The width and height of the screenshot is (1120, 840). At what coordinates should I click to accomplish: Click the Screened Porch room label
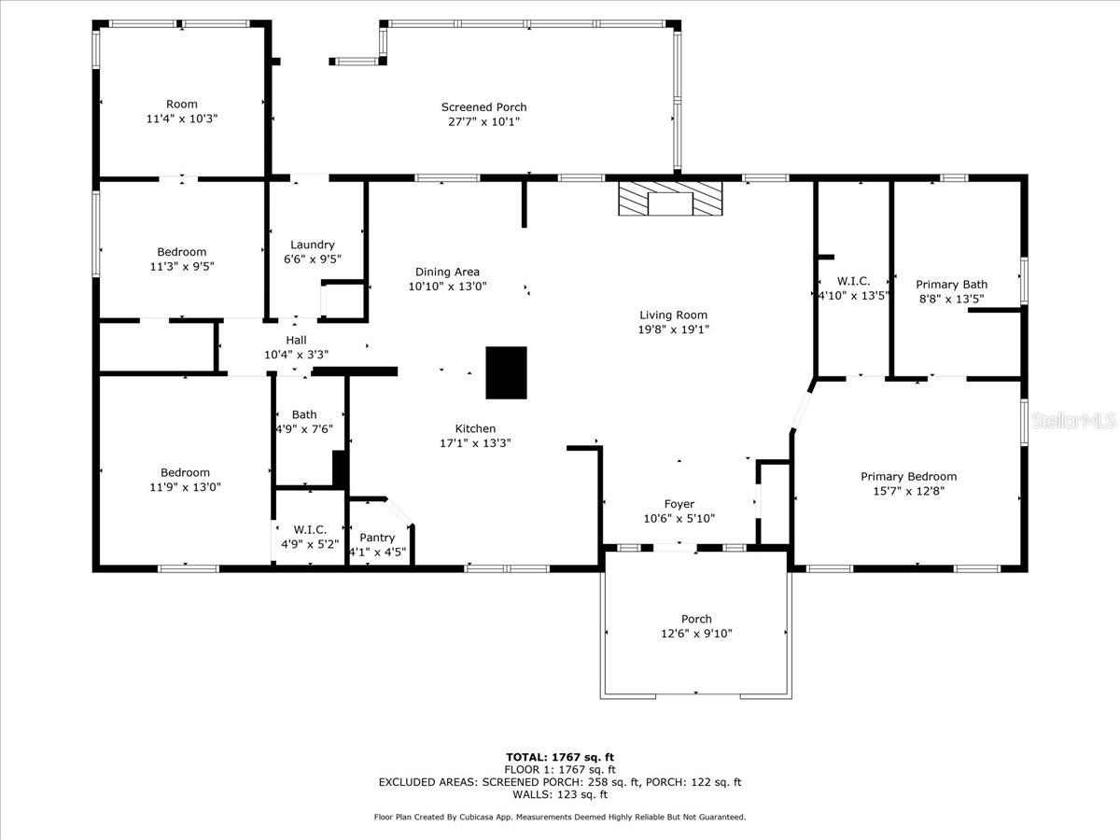point(483,107)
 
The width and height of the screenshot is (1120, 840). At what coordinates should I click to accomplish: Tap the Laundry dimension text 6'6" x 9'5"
point(313,259)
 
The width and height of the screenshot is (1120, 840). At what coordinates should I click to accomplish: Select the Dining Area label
point(447,272)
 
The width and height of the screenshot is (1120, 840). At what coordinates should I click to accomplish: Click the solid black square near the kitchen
point(506,372)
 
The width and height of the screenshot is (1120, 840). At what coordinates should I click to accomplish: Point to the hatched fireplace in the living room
point(670,199)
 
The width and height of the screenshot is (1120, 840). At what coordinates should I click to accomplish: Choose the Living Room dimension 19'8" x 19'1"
point(674,329)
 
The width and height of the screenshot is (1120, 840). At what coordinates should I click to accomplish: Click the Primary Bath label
point(952,285)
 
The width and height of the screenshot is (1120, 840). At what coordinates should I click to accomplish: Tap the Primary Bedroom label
point(909,476)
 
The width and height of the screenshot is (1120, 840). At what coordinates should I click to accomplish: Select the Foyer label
point(679,504)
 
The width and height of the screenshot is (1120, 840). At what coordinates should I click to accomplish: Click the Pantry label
point(377,538)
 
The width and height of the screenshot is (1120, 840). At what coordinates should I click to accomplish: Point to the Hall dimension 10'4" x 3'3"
point(297,355)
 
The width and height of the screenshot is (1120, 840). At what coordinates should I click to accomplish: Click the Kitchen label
point(475,428)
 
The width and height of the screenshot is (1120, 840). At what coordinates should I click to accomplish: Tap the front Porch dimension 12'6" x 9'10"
point(696,634)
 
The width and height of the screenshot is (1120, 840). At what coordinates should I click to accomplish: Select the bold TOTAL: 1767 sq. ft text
point(560,757)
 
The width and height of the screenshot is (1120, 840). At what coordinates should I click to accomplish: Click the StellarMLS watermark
point(1072,420)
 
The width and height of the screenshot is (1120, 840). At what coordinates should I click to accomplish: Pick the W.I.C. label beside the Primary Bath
point(854,281)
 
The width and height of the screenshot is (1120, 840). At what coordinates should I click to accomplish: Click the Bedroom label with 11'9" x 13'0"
point(185,472)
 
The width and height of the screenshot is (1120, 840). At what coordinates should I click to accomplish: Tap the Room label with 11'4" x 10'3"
point(182,104)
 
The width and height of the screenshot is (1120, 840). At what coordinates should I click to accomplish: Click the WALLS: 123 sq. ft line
point(560,794)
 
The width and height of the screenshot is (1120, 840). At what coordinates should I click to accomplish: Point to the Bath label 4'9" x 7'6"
point(304,414)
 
